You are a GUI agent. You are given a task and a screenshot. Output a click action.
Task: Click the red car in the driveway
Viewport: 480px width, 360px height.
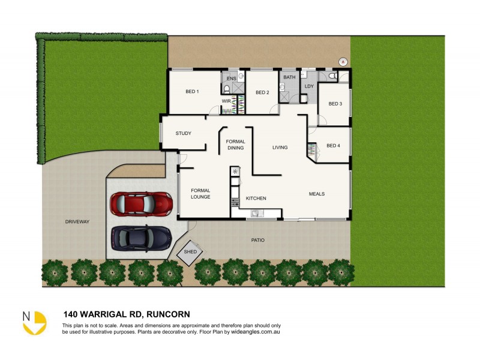coord(141,203)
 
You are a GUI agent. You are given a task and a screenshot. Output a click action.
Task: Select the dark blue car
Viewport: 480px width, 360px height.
coord(141,238)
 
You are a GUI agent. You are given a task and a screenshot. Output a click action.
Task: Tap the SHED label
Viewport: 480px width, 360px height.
coord(190,252)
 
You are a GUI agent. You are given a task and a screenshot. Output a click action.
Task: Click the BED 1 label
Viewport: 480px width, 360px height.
coord(192,92)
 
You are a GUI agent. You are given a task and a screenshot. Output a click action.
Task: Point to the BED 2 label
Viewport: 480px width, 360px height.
coord(262,92)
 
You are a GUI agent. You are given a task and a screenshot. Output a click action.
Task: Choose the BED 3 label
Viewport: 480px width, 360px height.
coord(335,104)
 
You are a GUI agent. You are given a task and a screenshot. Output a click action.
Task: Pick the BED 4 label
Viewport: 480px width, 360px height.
coord(333,146)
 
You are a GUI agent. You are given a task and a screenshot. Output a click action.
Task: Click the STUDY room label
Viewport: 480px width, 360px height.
coord(183,133)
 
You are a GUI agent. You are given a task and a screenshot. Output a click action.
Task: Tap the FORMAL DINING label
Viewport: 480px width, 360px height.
coord(235,145)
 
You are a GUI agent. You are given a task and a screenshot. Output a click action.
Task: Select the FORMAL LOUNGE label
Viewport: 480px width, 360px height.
coord(200,193)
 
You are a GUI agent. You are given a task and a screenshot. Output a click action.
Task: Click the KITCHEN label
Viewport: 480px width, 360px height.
coord(256,199)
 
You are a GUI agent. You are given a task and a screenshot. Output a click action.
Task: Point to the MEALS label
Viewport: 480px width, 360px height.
coord(317,194)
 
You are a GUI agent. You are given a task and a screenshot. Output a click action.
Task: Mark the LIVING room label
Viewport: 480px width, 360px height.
coord(280,147)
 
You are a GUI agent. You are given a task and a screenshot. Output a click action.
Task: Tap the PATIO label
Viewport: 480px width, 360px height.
coord(258,240)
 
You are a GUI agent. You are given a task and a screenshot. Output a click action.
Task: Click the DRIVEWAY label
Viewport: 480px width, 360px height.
coord(77,221)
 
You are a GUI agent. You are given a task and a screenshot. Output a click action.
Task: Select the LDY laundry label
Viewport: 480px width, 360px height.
coord(309,86)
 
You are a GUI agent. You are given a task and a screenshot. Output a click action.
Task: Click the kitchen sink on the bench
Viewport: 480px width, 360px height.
coord(255,212)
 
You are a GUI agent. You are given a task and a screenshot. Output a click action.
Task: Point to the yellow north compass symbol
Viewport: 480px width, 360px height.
coord(34,322)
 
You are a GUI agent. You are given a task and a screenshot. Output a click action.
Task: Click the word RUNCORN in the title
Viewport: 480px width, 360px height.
coord(169,314)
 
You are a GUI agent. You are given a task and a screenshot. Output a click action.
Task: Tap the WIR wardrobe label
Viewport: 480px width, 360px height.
coord(226,101)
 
